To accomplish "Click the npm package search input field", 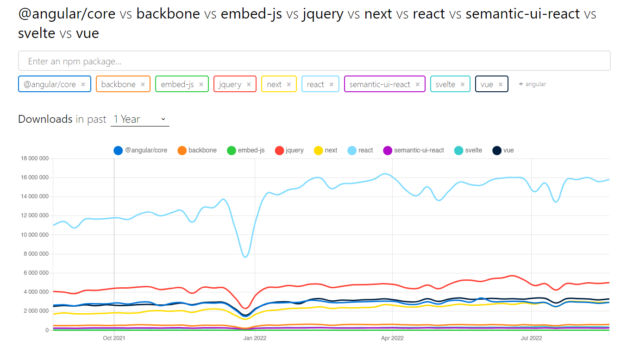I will pos(314,61).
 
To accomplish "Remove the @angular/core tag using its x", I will pos(83,84).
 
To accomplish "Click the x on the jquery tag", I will pos(249,84).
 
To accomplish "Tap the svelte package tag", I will pos(445,84).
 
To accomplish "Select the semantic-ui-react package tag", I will pos(380,84).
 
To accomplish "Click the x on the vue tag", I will pos(501,84).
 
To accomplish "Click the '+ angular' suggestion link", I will pos(533,84).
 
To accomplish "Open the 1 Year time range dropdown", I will pos(140,120).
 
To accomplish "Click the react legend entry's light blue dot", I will pos(352,151).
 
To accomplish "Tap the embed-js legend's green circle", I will pos(232,151).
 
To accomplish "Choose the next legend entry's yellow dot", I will pos(318,151).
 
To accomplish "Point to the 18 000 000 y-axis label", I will pos(35,158).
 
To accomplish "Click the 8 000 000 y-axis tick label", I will pos(36,254).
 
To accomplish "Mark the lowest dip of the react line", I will pos(245,257).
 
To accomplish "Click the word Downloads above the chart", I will pos(45,119).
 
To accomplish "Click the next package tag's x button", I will pos(288,84).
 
